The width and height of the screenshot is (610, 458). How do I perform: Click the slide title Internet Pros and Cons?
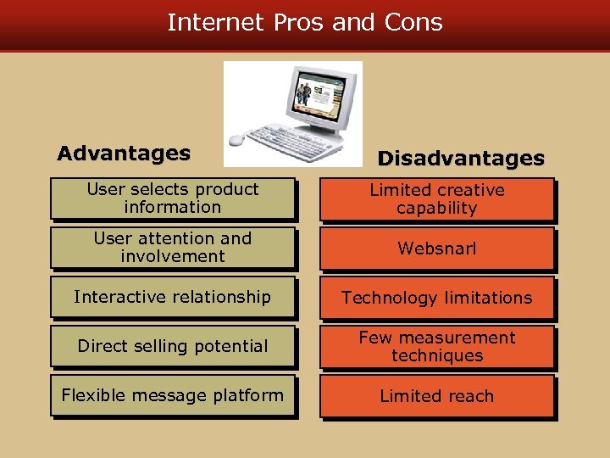[305, 22]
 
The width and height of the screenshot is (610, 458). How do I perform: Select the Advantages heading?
[124, 154]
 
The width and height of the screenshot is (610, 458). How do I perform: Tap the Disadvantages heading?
[461, 159]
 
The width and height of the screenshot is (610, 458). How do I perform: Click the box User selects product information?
[173, 198]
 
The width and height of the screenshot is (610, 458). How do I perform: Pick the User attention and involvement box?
[173, 248]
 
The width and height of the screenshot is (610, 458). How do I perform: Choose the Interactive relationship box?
[173, 297]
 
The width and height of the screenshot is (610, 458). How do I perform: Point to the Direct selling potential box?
[173, 346]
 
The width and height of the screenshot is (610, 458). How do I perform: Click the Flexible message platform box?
[173, 395]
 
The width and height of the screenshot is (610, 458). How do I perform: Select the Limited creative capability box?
[436, 199]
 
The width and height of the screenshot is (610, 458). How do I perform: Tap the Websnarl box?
[436, 249]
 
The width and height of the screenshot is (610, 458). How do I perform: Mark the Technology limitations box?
[436, 298]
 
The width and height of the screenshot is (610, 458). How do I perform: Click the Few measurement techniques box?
[436, 347]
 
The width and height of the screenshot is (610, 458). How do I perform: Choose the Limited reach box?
[436, 396]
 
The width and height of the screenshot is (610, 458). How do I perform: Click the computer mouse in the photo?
[236, 139]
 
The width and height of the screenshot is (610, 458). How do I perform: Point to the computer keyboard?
[292, 141]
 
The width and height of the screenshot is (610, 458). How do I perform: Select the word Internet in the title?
[214, 22]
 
